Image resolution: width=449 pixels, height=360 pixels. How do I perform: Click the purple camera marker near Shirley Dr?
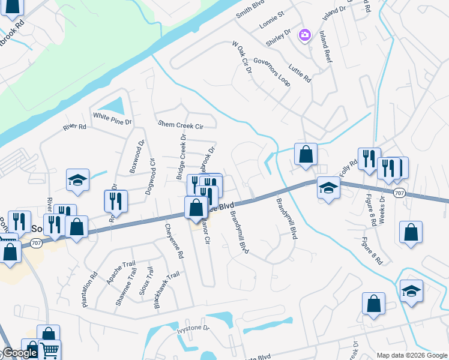click(305, 35)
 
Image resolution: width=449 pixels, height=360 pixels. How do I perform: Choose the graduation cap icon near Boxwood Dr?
click(78, 181)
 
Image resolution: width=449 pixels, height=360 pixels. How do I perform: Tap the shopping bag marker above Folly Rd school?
click(306, 154)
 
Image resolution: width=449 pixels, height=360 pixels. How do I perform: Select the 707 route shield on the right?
click(399, 193)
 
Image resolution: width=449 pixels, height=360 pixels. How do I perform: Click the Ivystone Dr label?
click(192, 329)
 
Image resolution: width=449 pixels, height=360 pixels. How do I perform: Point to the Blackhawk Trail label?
click(166, 290)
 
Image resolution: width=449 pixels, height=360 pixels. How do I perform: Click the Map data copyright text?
click(412, 355)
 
